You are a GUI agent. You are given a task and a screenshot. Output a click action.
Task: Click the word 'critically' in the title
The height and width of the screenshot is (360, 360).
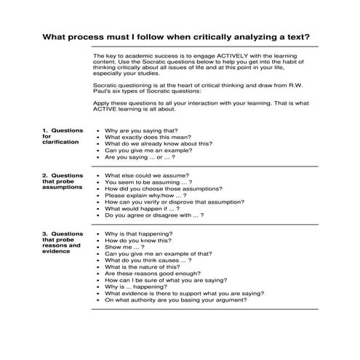click(x=223, y=37)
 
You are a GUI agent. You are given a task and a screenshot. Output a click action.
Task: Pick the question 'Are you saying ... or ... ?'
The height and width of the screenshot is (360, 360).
click(x=140, y=156)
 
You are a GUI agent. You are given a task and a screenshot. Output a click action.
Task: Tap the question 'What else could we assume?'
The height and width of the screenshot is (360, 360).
click(x=147, y=175)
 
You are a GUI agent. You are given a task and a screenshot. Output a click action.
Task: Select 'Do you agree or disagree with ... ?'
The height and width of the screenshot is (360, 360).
click(x=154, y=215)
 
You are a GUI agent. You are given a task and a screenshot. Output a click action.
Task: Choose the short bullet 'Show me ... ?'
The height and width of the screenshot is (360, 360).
click(x=124, y=247)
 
